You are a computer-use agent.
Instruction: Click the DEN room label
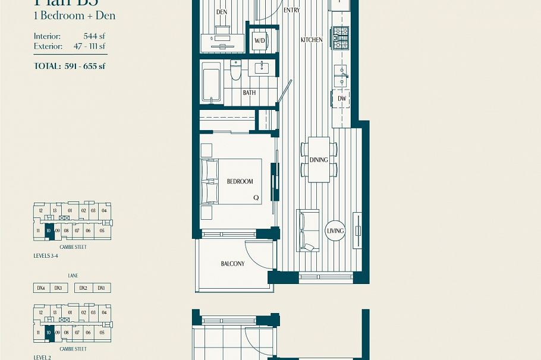[x=222, y=12]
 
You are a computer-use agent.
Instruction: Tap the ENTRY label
[x=292, y=10]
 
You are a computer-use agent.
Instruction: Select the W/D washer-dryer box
[x=260, y=41]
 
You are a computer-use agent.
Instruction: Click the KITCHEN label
[x=312, y=40]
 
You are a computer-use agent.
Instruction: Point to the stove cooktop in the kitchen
[x=341, y=38]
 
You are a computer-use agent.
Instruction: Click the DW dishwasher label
[x=342, y=99]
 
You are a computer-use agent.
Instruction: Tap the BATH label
[x=249, y=93]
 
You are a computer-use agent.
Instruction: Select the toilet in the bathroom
[x=235, y=71]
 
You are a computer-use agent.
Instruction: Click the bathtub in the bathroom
[x=211, y=82]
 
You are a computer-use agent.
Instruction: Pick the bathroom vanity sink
[x=262, y=68]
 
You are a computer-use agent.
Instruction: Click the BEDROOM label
[x=240, y=182]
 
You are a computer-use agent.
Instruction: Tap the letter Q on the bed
[x=256, y=198]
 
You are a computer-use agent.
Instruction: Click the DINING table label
[x=319, y=160]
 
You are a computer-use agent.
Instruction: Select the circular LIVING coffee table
[x=336, y=231]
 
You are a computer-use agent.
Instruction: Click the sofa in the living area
[x=307, y=230]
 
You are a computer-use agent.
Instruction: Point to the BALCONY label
[x=232, y=264]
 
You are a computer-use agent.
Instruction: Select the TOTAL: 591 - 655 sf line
[x=70, y=66]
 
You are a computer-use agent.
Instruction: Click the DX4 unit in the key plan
[x=41, y=288]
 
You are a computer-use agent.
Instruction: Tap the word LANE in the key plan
[x=73, y=276]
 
